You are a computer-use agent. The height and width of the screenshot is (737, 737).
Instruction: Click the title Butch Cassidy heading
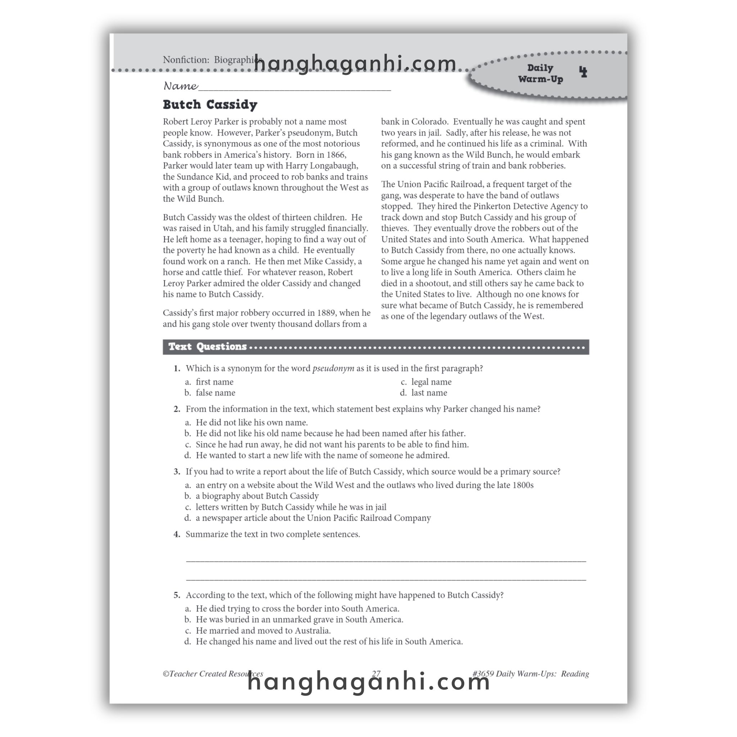[210, 104]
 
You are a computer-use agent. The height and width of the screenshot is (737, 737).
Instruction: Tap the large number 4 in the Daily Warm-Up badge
[583, 72]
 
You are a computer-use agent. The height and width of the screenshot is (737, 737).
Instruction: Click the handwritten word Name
[180, 86]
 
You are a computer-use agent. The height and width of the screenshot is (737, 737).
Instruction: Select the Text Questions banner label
[208, 347]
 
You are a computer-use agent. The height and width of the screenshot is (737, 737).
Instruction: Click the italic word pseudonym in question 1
[333, 368]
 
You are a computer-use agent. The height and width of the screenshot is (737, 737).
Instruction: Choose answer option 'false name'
[215, 393]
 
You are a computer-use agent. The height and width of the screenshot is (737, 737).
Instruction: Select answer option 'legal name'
[431, 382]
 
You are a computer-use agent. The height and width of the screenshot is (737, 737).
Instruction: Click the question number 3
[177, 471]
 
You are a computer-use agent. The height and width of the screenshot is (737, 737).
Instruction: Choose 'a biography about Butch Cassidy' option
[257, 496]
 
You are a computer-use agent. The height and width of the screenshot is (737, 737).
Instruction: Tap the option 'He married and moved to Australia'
[263, 630]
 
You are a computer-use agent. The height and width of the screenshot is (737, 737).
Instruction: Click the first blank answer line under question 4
[385, 560]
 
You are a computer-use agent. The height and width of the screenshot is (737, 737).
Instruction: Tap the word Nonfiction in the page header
[186, 60]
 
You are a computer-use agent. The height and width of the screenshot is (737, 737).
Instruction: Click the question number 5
[177, 595]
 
